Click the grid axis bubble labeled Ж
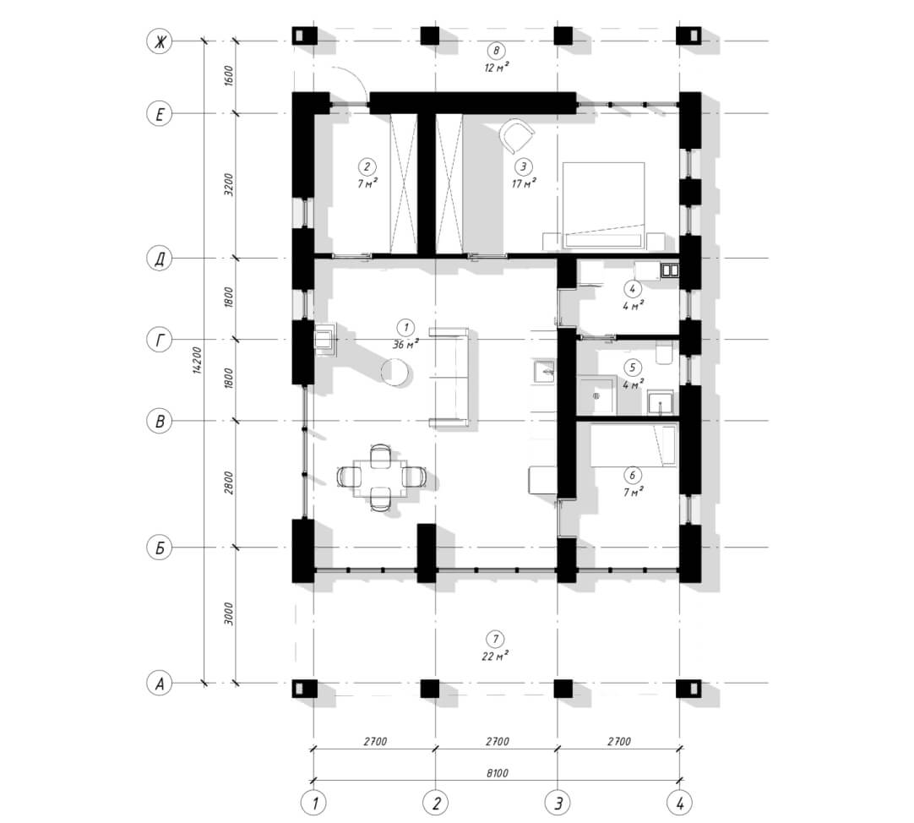pos(159,41)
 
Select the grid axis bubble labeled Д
pos(159,259)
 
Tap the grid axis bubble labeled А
pos(159,683)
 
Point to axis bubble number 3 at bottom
pos(558,804)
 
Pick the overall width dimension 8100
pos(497,773)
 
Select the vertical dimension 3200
pos(229,184)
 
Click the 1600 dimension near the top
pos(229,76)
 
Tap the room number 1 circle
pos(405,327)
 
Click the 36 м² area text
pos(405,344)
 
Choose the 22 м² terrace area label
pos(495,657)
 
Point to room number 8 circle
pos(496,51)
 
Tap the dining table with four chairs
pos(381,477)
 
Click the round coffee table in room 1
pos(396,372)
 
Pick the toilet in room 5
pos(665,353)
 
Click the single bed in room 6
pos(633,446)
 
